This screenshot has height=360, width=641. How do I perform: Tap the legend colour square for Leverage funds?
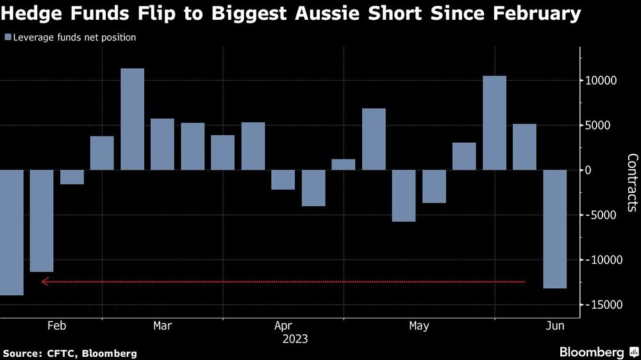[8, 38]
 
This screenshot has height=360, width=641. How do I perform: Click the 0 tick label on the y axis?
[587, 170]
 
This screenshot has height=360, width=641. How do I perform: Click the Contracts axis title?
[631, 183]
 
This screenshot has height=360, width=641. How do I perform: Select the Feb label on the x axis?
[57, 326]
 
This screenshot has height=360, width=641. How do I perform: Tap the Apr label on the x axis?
[283, 326]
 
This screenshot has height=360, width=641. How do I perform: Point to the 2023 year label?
[295, 339]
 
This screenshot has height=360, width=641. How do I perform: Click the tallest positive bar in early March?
[132, 119]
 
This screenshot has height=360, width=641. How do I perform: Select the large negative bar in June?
[554, 229]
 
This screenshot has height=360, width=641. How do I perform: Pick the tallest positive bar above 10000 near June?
[494, 123]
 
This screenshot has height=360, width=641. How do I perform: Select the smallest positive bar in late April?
[343, 165]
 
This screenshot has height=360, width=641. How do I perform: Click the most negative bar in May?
[404, 195]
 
